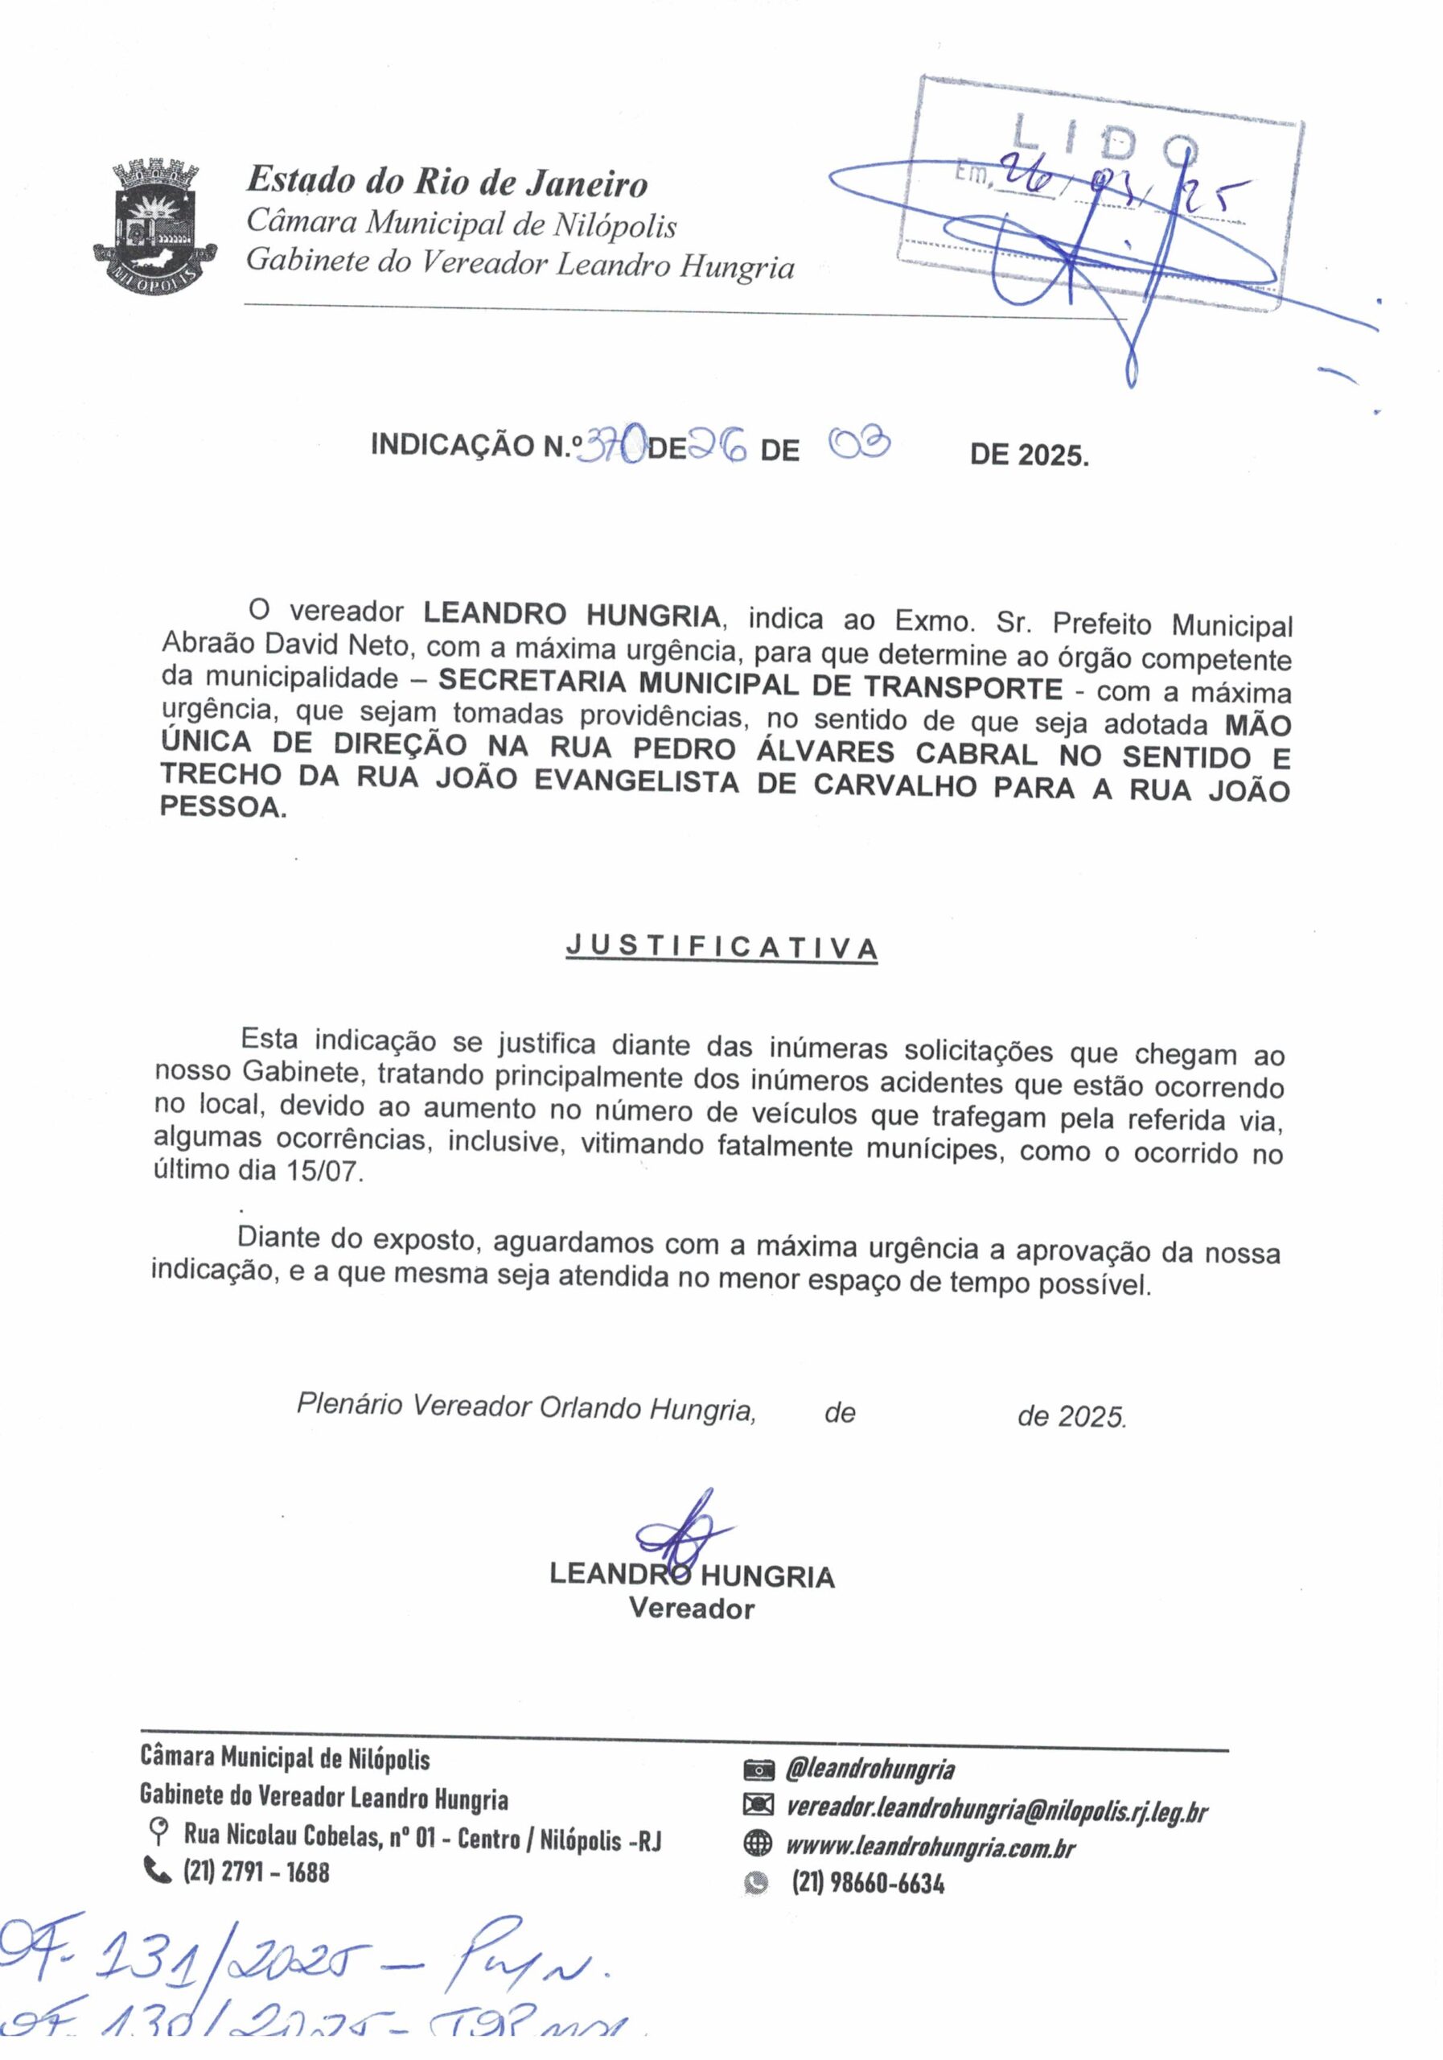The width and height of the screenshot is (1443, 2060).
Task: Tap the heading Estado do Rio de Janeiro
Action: click(446, 182)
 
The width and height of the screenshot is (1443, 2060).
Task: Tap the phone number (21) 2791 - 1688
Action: click(257, 1873)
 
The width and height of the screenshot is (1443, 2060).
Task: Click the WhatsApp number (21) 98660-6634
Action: click(867, 1883)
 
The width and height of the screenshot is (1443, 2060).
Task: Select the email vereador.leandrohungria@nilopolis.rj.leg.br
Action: click(997, 1811)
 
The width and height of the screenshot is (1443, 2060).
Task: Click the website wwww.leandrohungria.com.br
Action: click(930, 1848)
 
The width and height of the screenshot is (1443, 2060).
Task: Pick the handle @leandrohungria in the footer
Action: click(869, 1770)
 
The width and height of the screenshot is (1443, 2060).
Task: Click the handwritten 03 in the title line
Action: click(858, 443)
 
